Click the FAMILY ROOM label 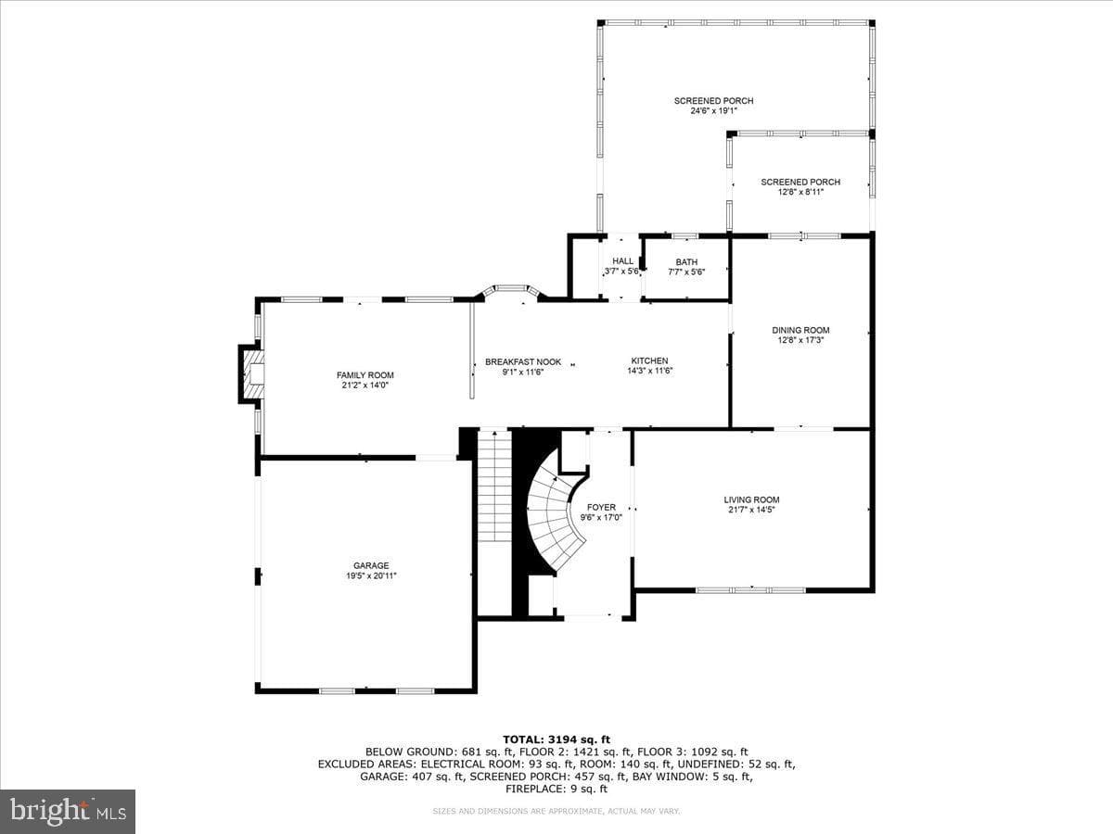365,375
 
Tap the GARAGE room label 371,565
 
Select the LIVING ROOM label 751,499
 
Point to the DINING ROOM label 800,330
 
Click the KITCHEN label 649,360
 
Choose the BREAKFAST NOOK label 523,362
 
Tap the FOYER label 601,508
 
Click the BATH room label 686,262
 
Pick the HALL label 622,260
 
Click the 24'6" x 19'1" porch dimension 713,111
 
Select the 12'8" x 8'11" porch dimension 800,192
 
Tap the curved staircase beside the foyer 556,522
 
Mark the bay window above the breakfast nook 511,292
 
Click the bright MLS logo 68,812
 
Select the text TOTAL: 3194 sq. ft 556,739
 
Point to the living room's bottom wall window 750,590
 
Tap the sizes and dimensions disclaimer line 556,811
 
